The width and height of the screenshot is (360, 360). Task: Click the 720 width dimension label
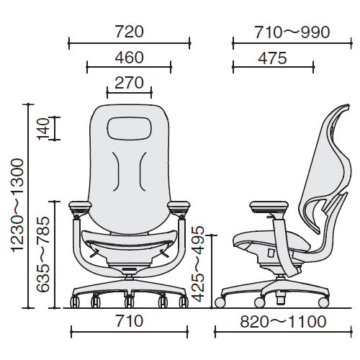pos(130,32)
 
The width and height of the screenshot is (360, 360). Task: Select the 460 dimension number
pos(130,58)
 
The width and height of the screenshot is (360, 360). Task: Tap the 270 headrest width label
pos(130,83)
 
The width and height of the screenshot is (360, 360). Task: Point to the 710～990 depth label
pos(292,32)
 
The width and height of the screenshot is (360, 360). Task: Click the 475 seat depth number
pos(272,58)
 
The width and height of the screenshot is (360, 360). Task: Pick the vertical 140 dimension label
pos(43,128)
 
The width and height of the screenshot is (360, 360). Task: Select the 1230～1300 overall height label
pos(18,205)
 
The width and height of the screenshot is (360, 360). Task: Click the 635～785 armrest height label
pos(43,254)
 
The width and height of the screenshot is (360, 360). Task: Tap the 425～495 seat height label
pos(198,264)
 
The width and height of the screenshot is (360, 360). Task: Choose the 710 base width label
pos(130,321)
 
